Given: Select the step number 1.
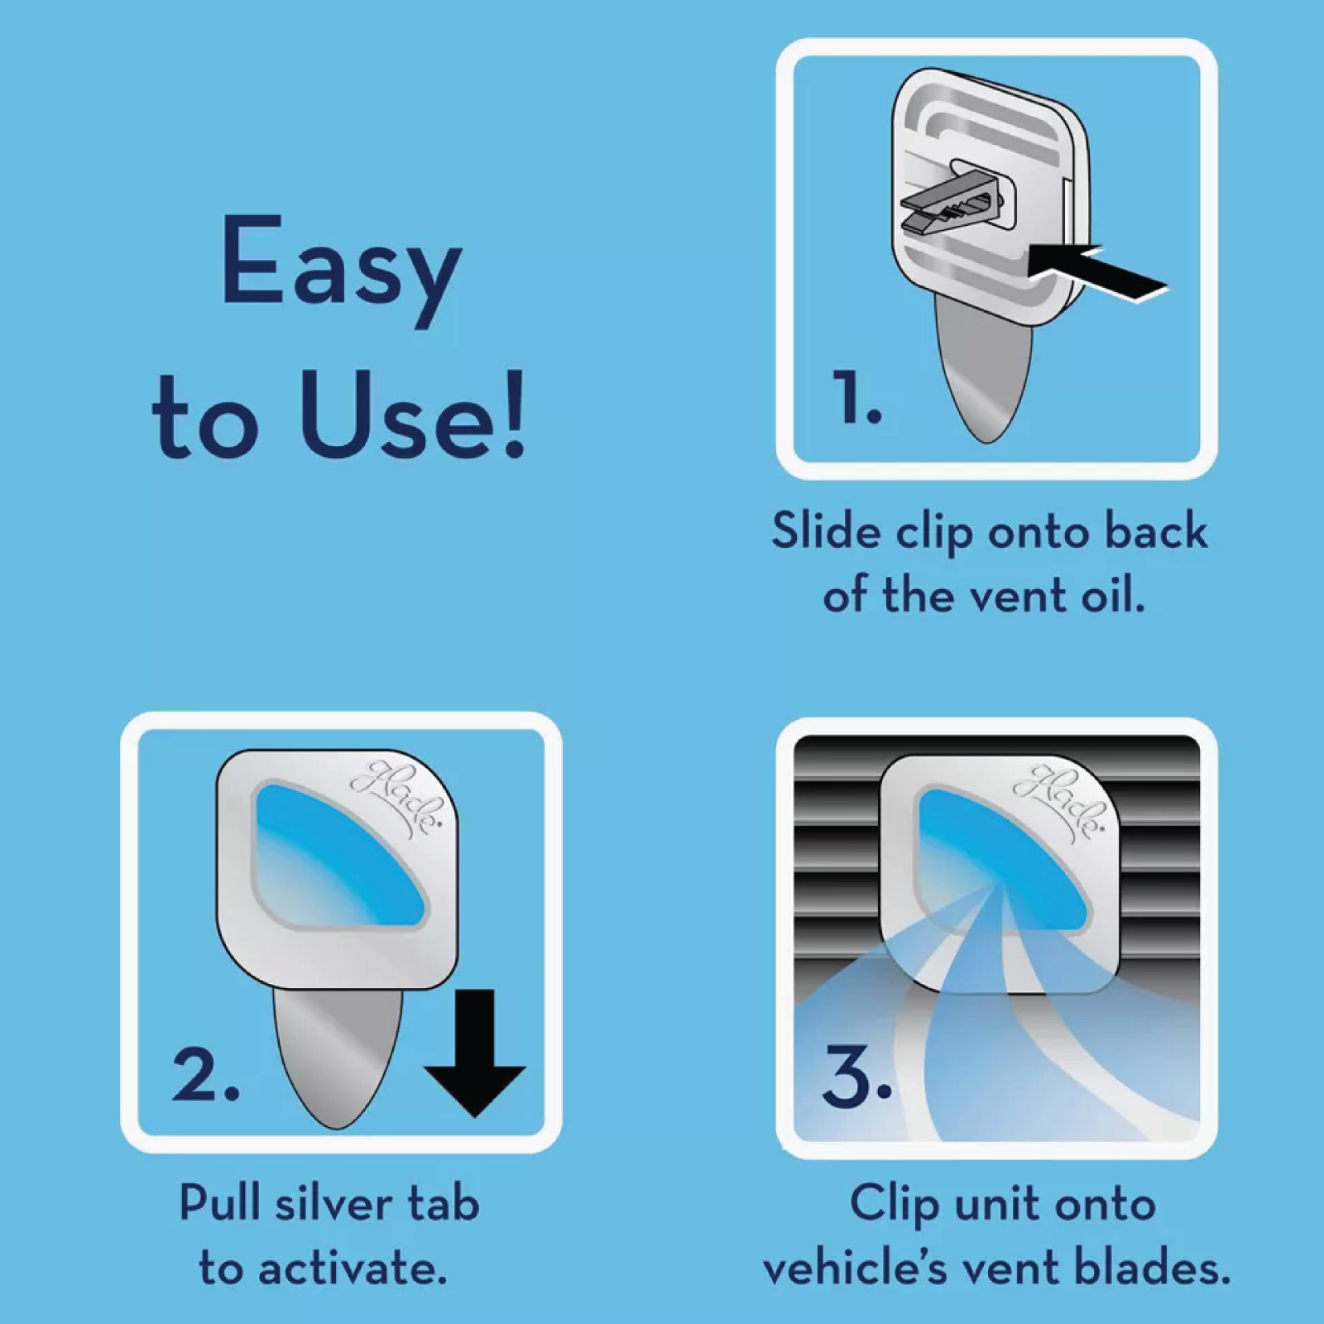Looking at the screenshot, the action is point(856,398).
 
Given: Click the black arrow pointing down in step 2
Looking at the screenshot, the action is point(474,1053).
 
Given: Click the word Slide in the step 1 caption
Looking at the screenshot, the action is point(826,530).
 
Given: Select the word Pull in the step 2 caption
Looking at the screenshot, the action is point(219,1202).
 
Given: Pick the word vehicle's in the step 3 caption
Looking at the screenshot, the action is point(855,1268).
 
